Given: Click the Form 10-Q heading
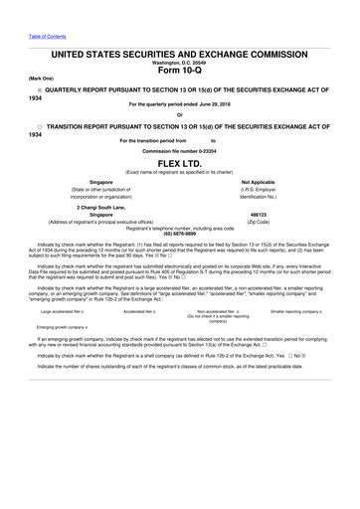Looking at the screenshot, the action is coord(180,69).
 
